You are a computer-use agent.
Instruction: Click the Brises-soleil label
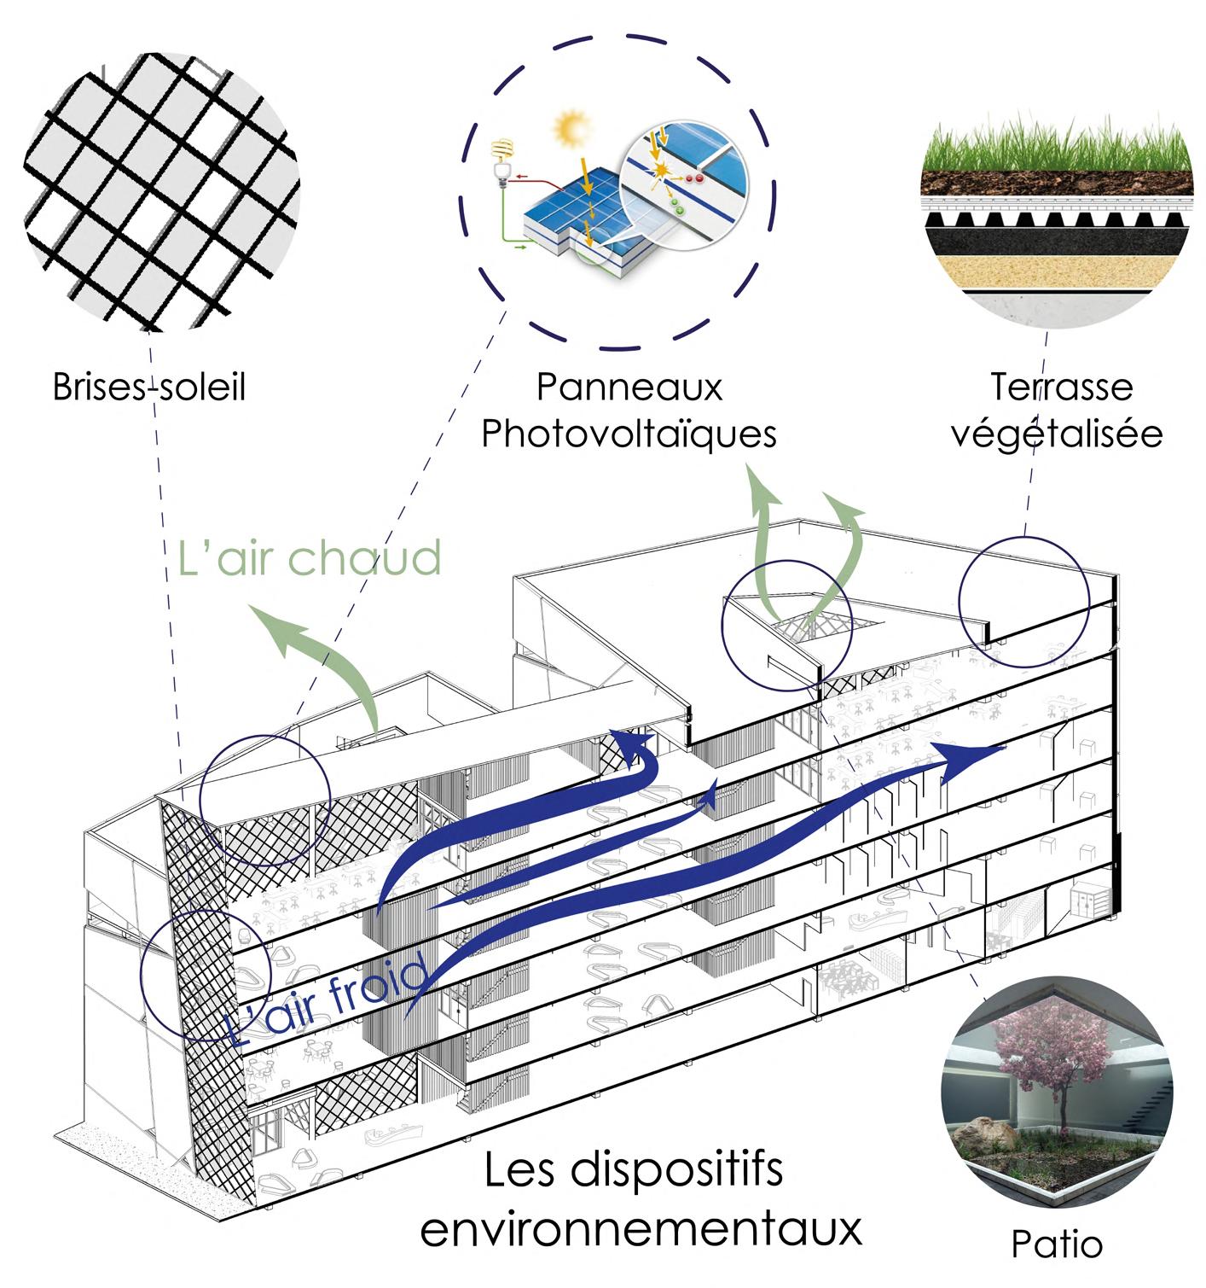coord(149,387)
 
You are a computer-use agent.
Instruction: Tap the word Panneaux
coord(629,387)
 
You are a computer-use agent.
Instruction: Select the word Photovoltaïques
coord(629,434)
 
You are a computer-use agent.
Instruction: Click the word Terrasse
coord(1061,387)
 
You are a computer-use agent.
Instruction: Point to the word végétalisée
coord(1057,434)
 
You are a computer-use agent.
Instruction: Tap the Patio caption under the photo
coord(1057,1244)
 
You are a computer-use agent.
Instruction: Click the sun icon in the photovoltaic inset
coord(569,130)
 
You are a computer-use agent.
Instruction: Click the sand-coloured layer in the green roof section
coord(1057,271)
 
